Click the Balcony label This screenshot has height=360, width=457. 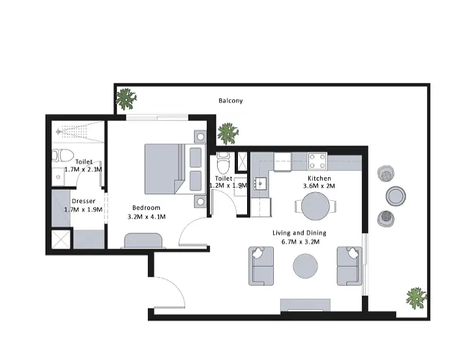[x=231, y=101]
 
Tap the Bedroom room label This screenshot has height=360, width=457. [x=146, y=208]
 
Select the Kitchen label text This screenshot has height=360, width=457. [x=319, y=179]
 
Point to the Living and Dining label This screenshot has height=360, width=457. [x=299, y=233]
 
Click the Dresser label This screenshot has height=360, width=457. [x=83, y=201]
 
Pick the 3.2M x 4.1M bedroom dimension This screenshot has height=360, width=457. [x=147, y=217]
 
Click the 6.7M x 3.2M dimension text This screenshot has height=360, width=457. [x=301, y=242]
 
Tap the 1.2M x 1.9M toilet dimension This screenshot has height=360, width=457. [x=228, y=186]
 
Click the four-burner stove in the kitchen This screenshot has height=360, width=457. [x=317, y=161]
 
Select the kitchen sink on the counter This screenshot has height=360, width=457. [x=259, y=184]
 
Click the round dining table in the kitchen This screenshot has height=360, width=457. [x=316, y=206]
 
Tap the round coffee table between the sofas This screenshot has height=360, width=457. [x=305, y=266]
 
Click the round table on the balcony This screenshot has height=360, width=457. [x=396, y=196]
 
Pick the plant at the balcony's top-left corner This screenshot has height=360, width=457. [x=126, y=99]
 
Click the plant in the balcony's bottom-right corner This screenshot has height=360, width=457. [x=417, y=298]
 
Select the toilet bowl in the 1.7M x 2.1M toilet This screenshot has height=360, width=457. [x=63, y=155]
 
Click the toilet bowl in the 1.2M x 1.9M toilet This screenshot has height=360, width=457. [x=224, y=162]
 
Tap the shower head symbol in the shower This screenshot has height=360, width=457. [x=58, y=132]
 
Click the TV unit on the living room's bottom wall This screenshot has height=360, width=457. [x=305, y=305]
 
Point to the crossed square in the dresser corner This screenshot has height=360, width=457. [x=61, y=239]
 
